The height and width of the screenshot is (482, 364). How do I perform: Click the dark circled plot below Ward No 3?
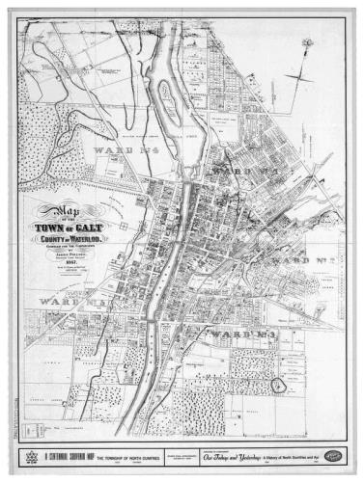tap(279, 385)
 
